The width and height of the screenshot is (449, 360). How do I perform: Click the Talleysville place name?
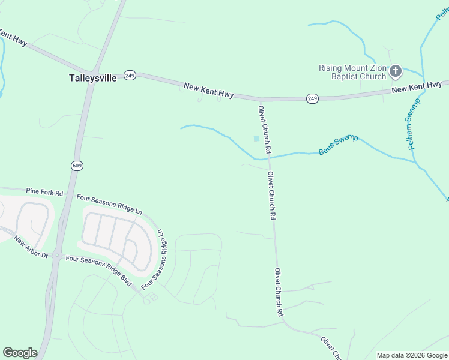[92, 78]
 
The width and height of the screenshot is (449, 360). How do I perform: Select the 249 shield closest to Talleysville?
[130, 75]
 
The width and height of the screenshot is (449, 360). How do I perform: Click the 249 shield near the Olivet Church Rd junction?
[312, 98]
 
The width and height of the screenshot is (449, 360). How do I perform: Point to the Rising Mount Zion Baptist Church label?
[352, 72]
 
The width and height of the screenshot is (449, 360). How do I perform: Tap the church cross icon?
[396, 72]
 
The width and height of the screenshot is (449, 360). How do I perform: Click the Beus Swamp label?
[338, 145]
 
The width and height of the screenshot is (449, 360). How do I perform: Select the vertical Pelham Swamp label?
[412, 124]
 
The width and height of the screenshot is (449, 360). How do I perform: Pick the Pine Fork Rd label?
[44, 192]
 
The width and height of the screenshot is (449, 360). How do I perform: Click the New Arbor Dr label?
[31, 247]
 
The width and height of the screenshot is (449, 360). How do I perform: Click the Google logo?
[20, 353]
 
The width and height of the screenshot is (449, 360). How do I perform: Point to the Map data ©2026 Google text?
[411, 355]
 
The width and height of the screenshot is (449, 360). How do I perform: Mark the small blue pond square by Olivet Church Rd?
[257, 139]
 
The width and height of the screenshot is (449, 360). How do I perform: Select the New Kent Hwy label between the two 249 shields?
[208, 91]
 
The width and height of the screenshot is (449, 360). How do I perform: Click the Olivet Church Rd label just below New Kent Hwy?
[265, 129]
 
